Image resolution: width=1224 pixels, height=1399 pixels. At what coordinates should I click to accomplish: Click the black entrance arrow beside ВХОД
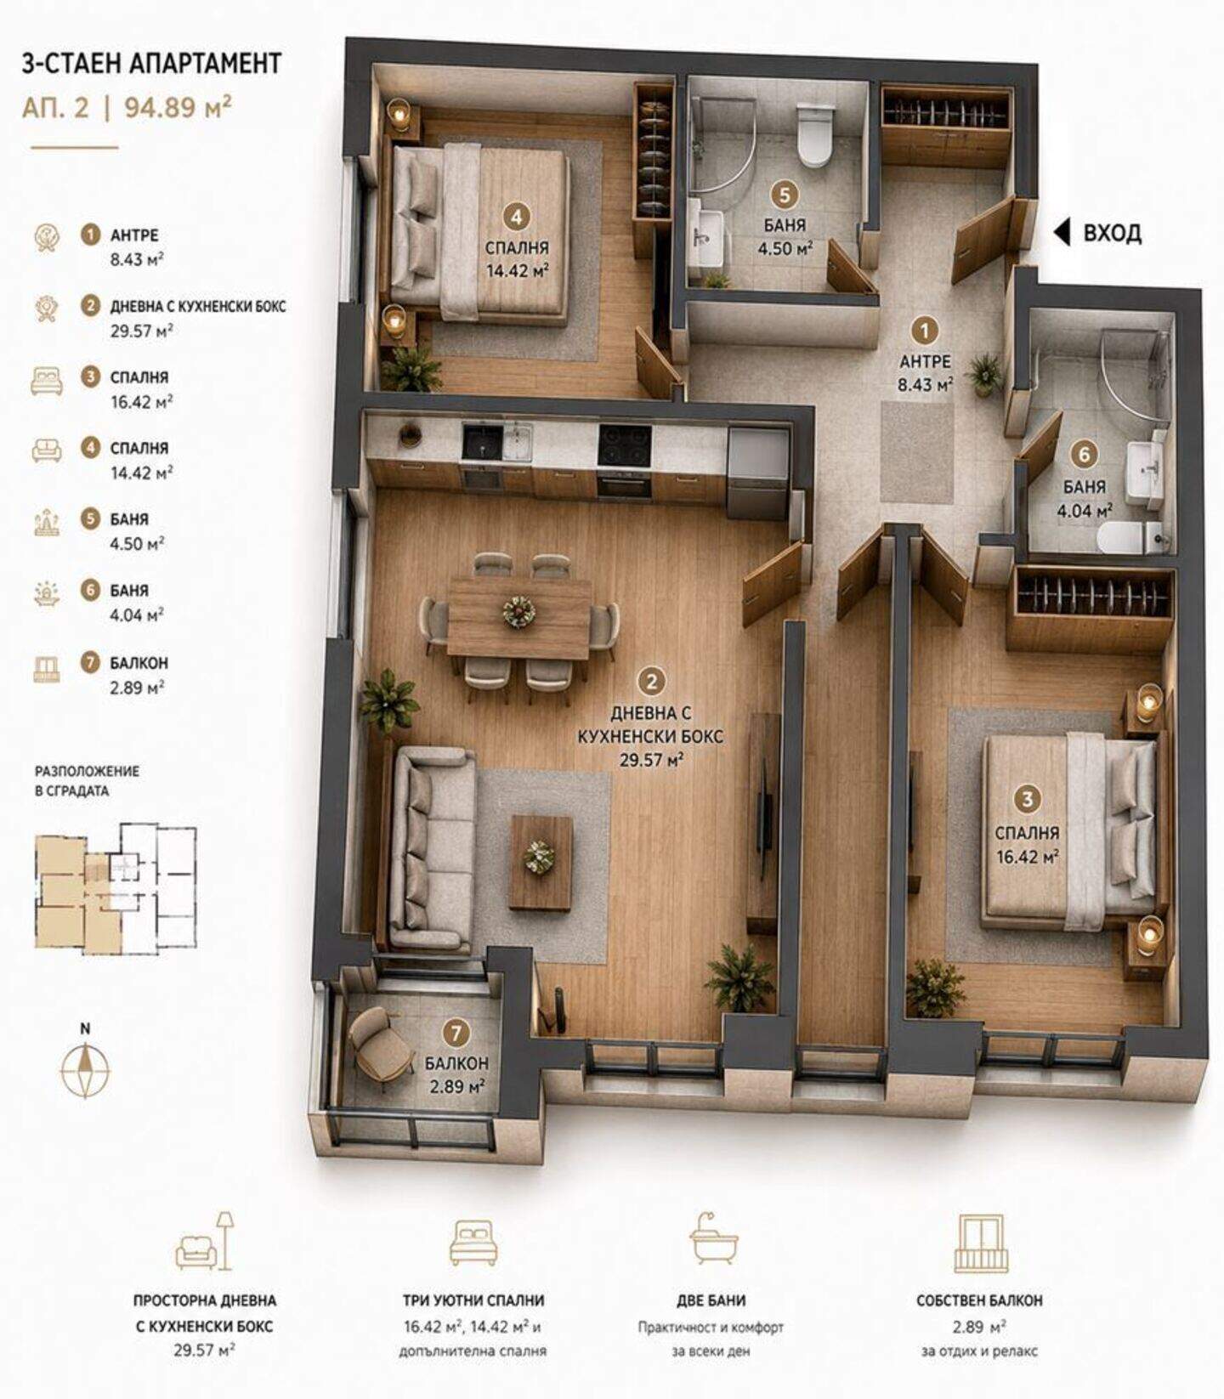pyautogui.click(x=1062, y=232)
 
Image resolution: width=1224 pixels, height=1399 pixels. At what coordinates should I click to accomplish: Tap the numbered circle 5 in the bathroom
pyautogui.click(x=784, y=195)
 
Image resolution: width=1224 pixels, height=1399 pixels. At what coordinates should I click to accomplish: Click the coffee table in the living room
pyautogui.click(x=541, y=862)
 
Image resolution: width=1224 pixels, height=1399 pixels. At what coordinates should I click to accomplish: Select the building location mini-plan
pyautogui.click(x=116, y=887)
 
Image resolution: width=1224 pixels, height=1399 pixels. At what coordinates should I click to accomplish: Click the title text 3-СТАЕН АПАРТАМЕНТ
pyautogui.click(x=151, y=64)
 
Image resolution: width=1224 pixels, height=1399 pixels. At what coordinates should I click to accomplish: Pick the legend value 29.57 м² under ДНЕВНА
pyautogui.click(x=141, y=331)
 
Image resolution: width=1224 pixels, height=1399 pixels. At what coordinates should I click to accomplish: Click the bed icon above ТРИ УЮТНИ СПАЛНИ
pyautogui.click(x=473, y=1242)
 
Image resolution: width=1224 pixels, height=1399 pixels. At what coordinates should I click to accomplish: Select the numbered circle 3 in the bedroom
pyautogui.click(x=1027, y=799)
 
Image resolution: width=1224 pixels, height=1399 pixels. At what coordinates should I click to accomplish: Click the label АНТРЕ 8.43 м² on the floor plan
pyautogui.click(x=925, y=372)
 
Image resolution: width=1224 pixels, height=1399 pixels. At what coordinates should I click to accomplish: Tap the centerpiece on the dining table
pyautogui.click(x=517, y=611)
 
